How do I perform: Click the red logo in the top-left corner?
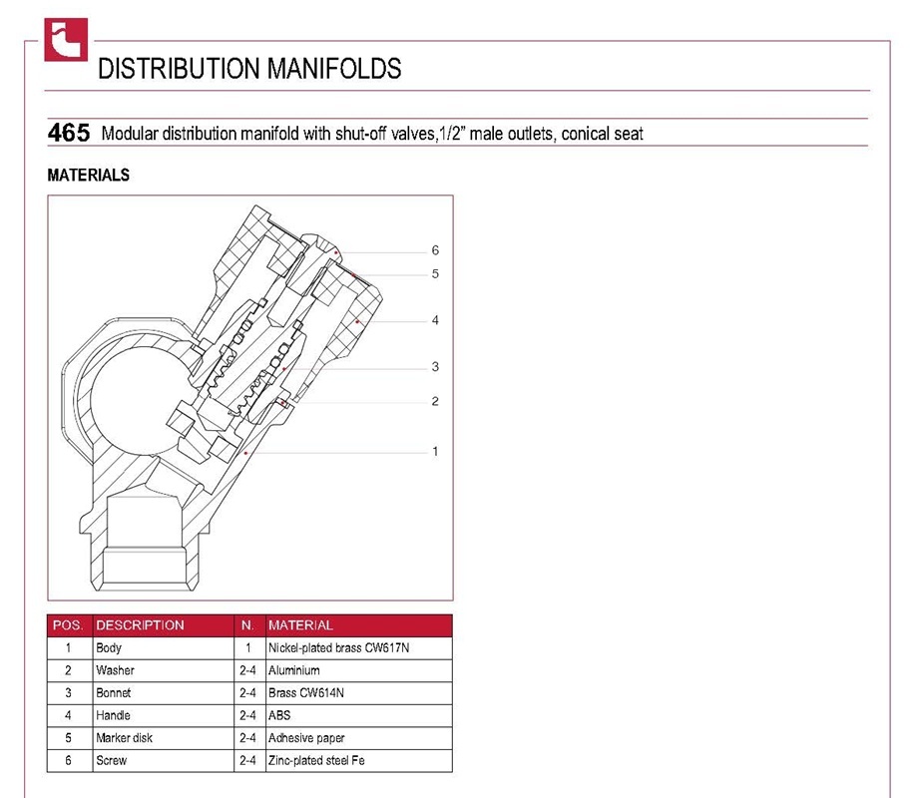click(66, 40)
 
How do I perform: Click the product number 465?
click(69, 133)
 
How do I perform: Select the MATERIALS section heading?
click(89, 176)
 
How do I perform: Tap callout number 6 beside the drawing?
click(435, 250)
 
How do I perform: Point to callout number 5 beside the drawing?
click(435, 274)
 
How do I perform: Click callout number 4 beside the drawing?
click(435, 320)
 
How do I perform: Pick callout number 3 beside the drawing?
click(435, 367)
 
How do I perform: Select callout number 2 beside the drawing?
click(435, 401)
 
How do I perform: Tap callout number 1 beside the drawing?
click(435, 451)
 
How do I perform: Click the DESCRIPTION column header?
click(140, 625)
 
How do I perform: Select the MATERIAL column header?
click(300, 625)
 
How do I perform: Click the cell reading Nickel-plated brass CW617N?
click(339, 647)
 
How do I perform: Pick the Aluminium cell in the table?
click(294, 670)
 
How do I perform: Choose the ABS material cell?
click(279, 715)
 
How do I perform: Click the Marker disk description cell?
click(124, 738)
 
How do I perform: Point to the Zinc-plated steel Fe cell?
click(316, 761)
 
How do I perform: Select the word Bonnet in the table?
click(114, 693)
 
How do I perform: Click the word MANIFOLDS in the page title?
click(334, 69)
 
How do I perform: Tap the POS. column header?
click(68, 625)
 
